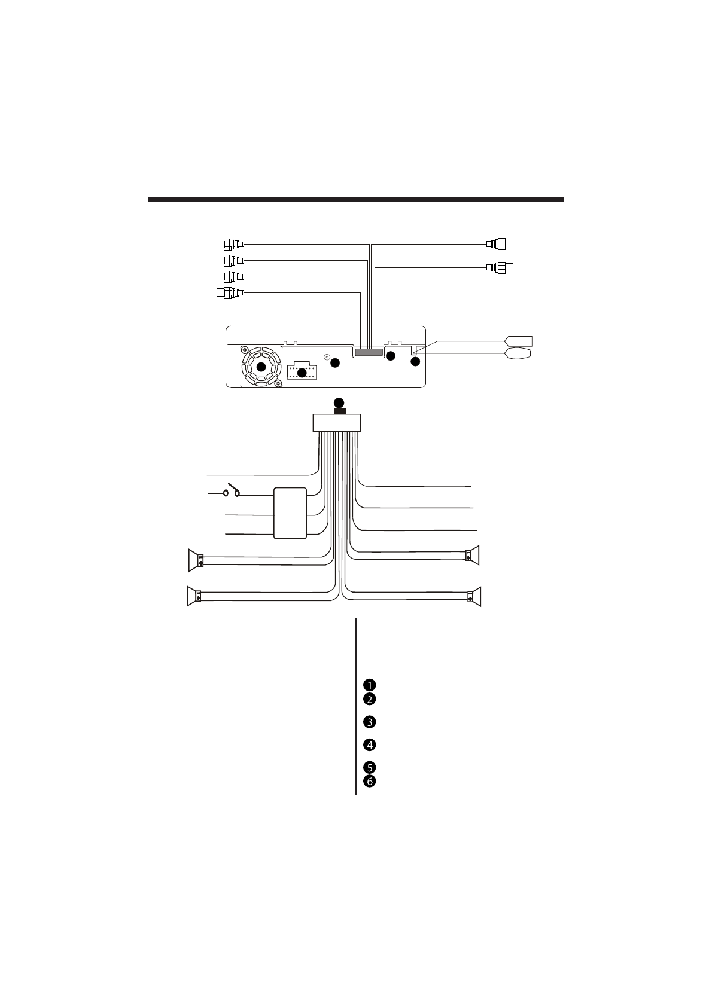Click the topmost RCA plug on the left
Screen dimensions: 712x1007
(230, 244)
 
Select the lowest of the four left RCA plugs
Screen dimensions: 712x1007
(230, 293)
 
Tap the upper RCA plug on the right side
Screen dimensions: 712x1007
(500, 244)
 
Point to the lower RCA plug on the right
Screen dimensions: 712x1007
(500, 267)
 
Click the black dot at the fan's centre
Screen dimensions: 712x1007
(261, 367)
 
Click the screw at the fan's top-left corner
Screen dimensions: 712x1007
(246, 351)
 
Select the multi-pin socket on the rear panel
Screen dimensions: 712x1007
(302, 372)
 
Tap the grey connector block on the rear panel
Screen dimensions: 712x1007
(368, 353)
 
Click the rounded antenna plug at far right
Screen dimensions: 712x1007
(519, 353)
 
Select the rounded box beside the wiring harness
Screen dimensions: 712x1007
(290, 513)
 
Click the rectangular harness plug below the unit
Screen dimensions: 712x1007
(337, 423)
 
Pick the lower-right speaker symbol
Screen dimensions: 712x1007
(475, 596)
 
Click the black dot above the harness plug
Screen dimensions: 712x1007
(339, 402)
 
